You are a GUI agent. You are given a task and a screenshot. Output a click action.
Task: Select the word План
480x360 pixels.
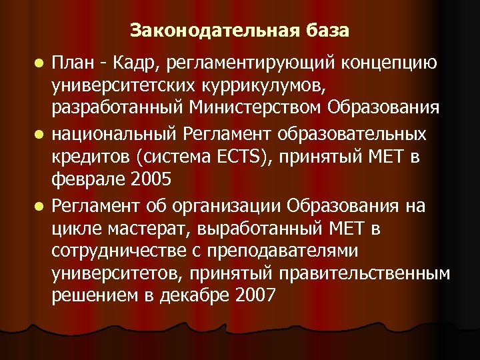(x=73, y=63)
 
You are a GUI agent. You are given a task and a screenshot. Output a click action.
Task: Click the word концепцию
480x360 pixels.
(x=390, y=63)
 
